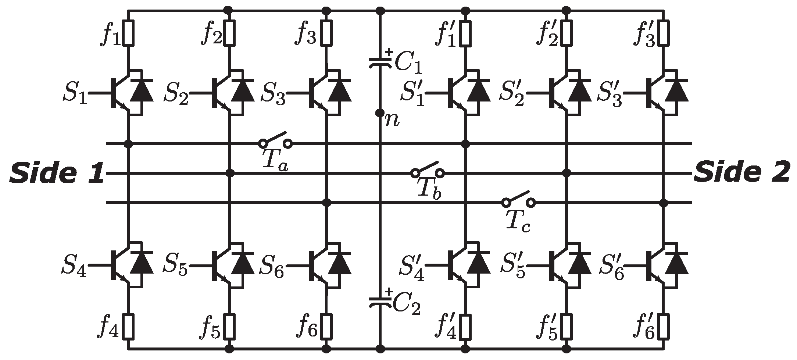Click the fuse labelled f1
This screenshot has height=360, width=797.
(x=129, y=33)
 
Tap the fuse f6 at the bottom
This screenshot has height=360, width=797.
(x=326, y=326)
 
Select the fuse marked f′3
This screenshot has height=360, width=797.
(x=664, y=33)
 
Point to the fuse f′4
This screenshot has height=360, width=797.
(x=465, y=326)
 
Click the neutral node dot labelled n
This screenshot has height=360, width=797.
(x=380, y=113)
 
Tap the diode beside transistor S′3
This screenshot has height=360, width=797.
(x=677, y=90)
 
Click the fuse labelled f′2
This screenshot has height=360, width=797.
(x=567, y=33)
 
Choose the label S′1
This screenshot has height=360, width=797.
(x=413, y=94)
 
